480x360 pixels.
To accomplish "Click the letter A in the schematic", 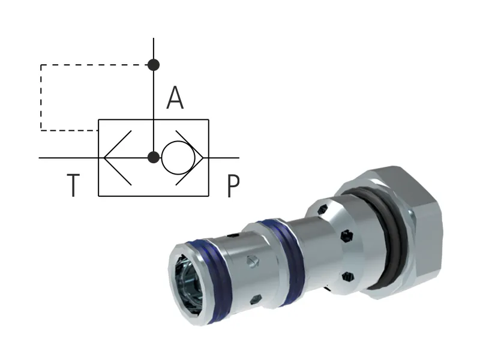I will [175, 98].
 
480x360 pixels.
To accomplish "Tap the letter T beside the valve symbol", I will [72, 186].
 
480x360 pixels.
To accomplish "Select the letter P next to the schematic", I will [233, 186].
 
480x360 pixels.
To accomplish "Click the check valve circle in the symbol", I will [178, 158].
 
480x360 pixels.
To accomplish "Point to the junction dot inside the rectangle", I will [154, 158].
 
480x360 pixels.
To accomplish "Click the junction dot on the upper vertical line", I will [154, 64].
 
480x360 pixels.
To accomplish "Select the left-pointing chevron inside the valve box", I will [117, 158].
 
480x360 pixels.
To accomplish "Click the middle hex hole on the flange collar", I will [346, 236].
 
